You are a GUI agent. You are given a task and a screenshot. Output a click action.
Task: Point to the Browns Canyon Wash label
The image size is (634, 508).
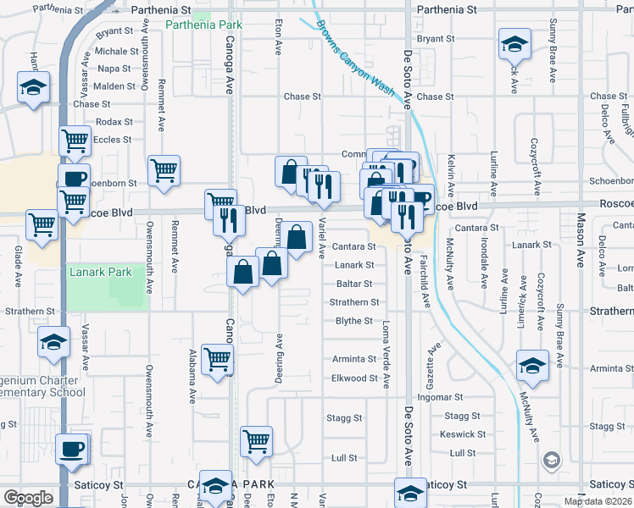point(357,61)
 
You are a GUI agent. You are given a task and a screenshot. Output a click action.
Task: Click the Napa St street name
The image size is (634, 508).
point(114,69)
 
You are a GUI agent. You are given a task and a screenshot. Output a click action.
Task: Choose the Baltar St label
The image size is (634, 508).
point(354,284)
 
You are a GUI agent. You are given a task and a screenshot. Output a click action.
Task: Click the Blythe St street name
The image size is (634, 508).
point(354,321)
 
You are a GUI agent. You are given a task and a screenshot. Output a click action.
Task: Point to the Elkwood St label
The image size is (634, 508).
point(354,378)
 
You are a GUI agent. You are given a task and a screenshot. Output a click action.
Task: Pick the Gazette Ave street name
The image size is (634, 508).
point(436,361)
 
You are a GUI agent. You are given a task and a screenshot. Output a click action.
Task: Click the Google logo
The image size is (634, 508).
point(28,498)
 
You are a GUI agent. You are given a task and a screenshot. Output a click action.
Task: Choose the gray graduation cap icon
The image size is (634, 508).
point(551,461)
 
